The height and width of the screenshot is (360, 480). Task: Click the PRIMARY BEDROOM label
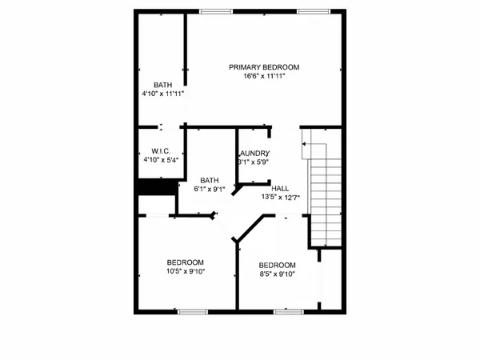(265, 67)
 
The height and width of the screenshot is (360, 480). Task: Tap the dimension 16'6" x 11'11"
(265, 77)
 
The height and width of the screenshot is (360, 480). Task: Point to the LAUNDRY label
(254, 154)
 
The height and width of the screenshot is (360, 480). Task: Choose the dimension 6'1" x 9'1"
(210, 190)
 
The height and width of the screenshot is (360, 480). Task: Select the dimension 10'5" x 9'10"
(186, 271)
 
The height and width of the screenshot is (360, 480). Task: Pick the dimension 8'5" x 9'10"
(277, 274)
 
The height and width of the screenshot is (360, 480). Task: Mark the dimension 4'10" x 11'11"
(163, 93)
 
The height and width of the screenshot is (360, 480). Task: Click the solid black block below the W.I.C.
(157, 186)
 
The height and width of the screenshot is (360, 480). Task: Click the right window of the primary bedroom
(312, 10)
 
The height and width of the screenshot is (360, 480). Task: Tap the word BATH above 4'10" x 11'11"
(163, 84)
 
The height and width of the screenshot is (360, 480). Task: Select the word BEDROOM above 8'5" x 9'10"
(277, 266)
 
